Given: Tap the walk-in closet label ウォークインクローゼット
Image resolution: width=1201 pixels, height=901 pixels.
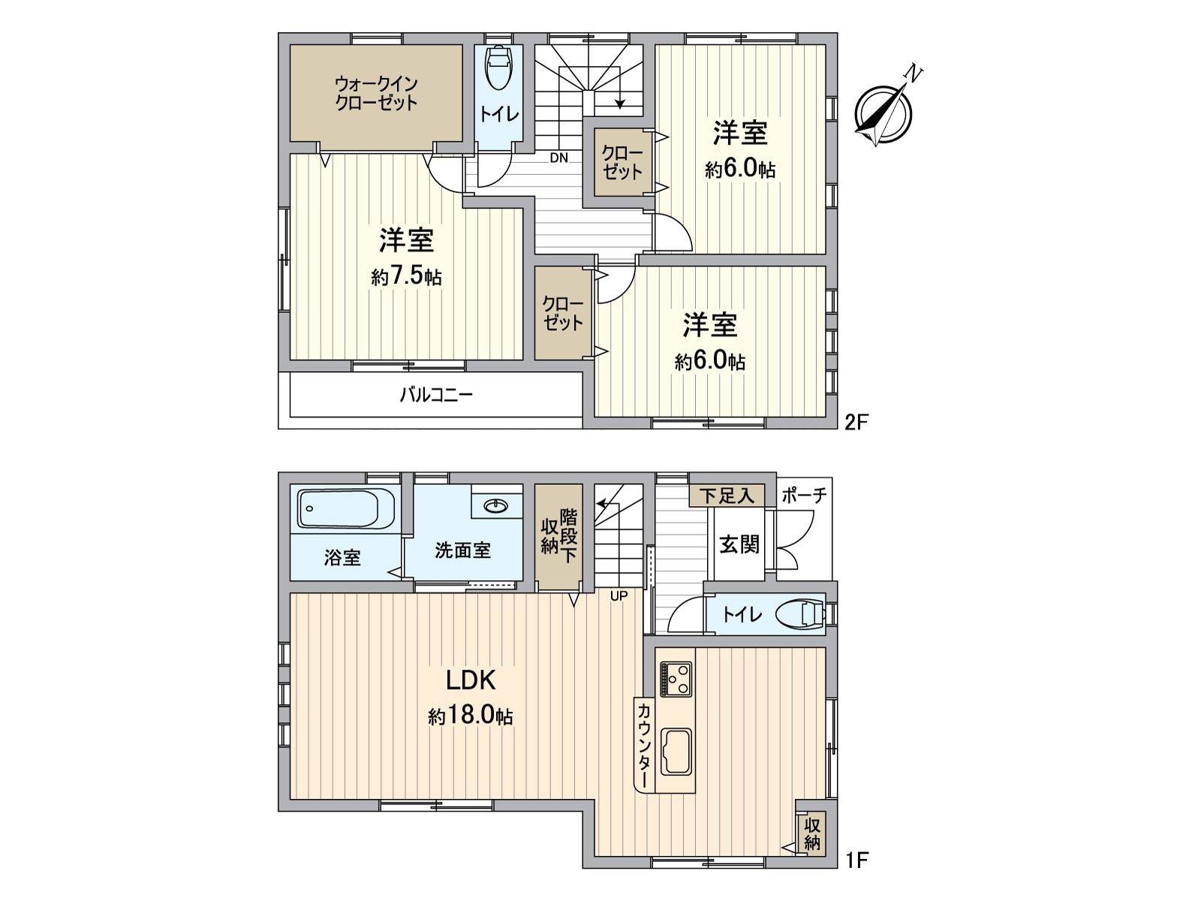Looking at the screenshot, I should tap(376, 93).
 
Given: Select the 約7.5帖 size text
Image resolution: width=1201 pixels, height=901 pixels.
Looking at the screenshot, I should tap(406, 276).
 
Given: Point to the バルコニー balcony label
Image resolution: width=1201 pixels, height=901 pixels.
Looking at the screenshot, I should tap(436, 395).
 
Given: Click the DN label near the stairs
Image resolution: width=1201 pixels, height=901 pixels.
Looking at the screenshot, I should tap(558, 158).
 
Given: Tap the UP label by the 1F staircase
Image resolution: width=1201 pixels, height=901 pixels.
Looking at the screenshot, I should tap(619, 597).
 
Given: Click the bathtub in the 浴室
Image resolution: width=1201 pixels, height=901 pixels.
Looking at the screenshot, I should tap(346, 509).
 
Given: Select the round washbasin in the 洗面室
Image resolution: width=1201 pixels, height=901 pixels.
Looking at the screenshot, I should tap(496, 505).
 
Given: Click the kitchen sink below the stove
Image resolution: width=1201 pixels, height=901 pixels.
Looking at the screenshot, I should tap(676, 752).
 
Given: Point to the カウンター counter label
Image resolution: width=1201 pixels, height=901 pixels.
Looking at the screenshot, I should tap(644, 744).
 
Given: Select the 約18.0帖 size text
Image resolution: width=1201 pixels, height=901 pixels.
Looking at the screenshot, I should tap(471, 716).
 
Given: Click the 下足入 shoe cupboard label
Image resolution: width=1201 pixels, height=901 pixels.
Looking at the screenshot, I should tap(727, 496).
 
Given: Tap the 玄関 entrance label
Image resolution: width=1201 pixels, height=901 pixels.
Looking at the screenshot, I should tap(739, 544).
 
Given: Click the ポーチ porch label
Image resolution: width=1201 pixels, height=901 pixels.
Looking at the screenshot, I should tap(804, 496).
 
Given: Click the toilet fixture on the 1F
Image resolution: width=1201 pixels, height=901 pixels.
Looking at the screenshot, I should tap(802, 614).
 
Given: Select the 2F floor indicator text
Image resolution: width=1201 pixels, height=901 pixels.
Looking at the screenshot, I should tap(856, 422).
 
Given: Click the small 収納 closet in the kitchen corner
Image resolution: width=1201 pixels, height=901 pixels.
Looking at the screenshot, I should tap(812, 833).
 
